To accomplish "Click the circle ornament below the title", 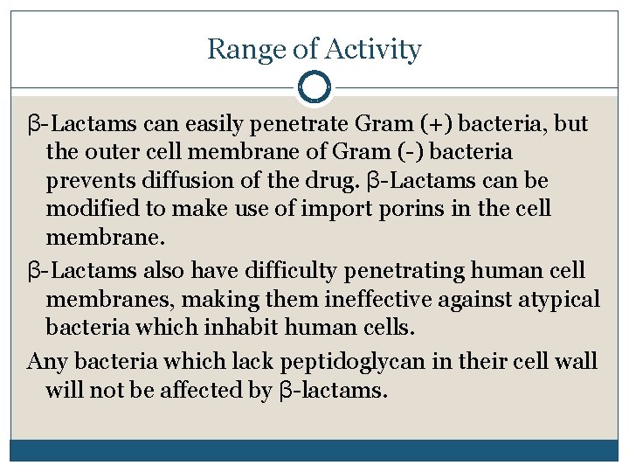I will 314,87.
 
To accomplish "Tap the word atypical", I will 556,300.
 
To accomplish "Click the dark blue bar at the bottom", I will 314,450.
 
